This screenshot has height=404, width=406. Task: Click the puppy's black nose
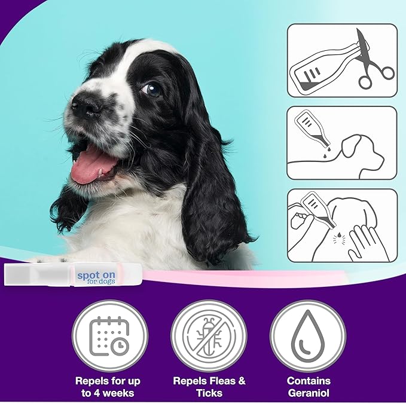coord(87,105)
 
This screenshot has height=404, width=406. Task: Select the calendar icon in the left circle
coord(109,336)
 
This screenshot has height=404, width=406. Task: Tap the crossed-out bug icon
coord(209,336)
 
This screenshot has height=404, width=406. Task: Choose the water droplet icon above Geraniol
coord(307,336)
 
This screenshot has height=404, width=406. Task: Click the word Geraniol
coord(309,393)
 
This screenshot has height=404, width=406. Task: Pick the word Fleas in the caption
coord(222,381)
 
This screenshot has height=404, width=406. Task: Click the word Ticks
coord(209,393)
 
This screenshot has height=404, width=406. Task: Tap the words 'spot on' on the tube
coord(96,276)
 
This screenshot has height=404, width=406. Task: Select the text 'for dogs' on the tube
coord(100,281)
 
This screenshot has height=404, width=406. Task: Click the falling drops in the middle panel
coord(326,152)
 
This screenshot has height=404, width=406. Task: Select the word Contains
coord(309,381)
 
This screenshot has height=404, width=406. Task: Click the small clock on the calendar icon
coord(120,346)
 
